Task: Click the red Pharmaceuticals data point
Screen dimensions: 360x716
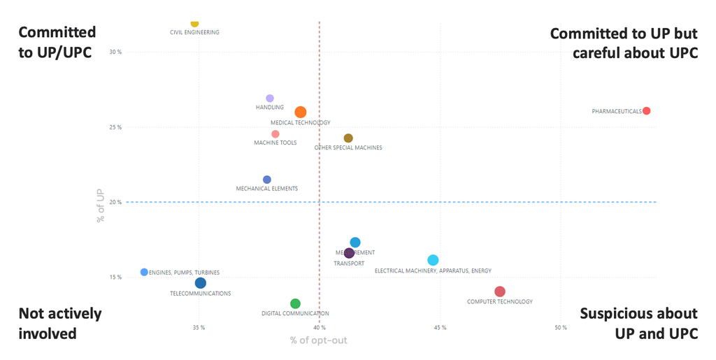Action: pyautogui.click(x=646, y=111)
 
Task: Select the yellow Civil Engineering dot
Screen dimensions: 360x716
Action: pyautogui.click(x=194, y=23)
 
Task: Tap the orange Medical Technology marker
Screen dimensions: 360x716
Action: pyautogui.click(x=301, y=112)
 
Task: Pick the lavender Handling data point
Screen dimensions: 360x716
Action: pyautogui.click(x=270, y=99)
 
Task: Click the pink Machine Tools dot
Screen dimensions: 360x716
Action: pyautogui.click(x=275, y=134)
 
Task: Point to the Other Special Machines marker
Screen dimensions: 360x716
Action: pyautogui.click(x=348, y=138)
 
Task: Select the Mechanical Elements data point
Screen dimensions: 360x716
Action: pyautogui.click(x=267, y=180)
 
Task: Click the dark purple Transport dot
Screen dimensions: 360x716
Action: pyautogui.click(x=349, y=253)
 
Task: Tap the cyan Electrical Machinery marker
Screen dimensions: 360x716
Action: pyautogui.click(x=433, y=260)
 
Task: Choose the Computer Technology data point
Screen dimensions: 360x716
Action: pyautogui.click(x=499, y=291)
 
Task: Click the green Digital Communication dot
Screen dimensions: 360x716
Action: pyautogui.click(x=295, y=303)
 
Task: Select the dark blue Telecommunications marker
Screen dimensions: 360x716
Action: pyautogui.click(x=201, y=283)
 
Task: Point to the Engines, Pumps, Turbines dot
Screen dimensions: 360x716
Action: pyautogui.click(x=144, y=272)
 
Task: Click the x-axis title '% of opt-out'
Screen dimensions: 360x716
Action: pyautogui.click(x=318, y=340)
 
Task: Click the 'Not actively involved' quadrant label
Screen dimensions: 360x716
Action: pyautogui.click(x=59, y=323)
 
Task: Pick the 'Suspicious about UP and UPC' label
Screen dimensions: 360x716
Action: pyautogui.click(x=638, y=323)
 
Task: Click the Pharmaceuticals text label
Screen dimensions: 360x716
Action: pyautogui.click(x=616, y=111)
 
